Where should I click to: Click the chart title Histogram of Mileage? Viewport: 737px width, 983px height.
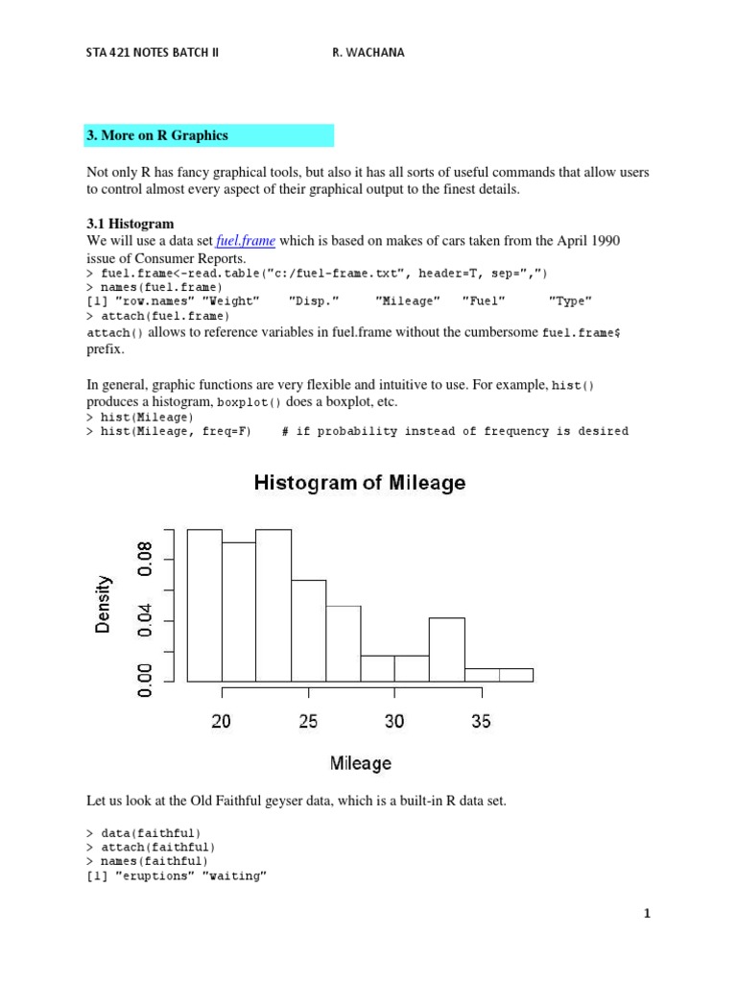360,484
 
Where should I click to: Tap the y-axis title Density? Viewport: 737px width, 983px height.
104,604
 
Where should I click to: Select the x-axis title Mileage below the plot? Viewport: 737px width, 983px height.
361,763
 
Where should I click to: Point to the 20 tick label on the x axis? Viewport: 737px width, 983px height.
222,721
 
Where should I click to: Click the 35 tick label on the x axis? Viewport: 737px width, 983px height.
481,721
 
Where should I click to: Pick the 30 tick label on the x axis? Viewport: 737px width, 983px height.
394,721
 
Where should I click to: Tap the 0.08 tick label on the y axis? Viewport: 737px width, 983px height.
145,560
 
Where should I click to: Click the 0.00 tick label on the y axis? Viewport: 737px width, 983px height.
145,681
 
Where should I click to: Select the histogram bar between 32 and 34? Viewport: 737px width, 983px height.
446,650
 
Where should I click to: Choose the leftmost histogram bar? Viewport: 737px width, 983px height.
204,605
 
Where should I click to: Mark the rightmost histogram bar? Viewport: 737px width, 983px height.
516,675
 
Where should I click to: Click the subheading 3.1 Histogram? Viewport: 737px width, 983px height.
131,224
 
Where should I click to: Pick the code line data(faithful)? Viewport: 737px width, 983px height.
152,832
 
